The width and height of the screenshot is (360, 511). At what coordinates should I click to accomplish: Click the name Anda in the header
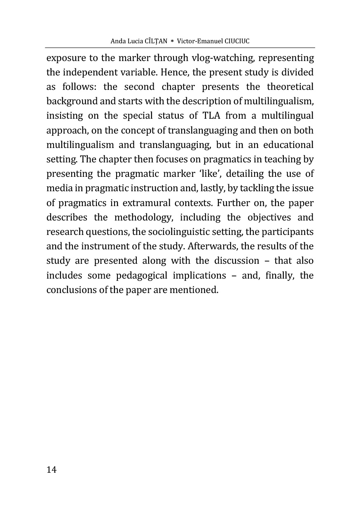point(119,42)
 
